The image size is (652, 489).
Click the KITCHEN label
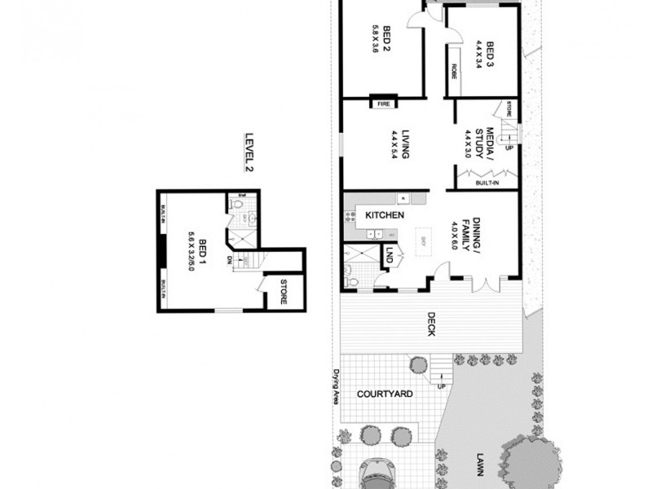[x=385, y=215]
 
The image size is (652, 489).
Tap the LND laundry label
[x=390, y=255]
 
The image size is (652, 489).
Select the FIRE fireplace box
[x=383, y=104]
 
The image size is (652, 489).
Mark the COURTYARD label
[x=385, y=394]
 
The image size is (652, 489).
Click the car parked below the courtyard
[x=381, y=474]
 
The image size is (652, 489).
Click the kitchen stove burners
[x=351, y=216]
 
